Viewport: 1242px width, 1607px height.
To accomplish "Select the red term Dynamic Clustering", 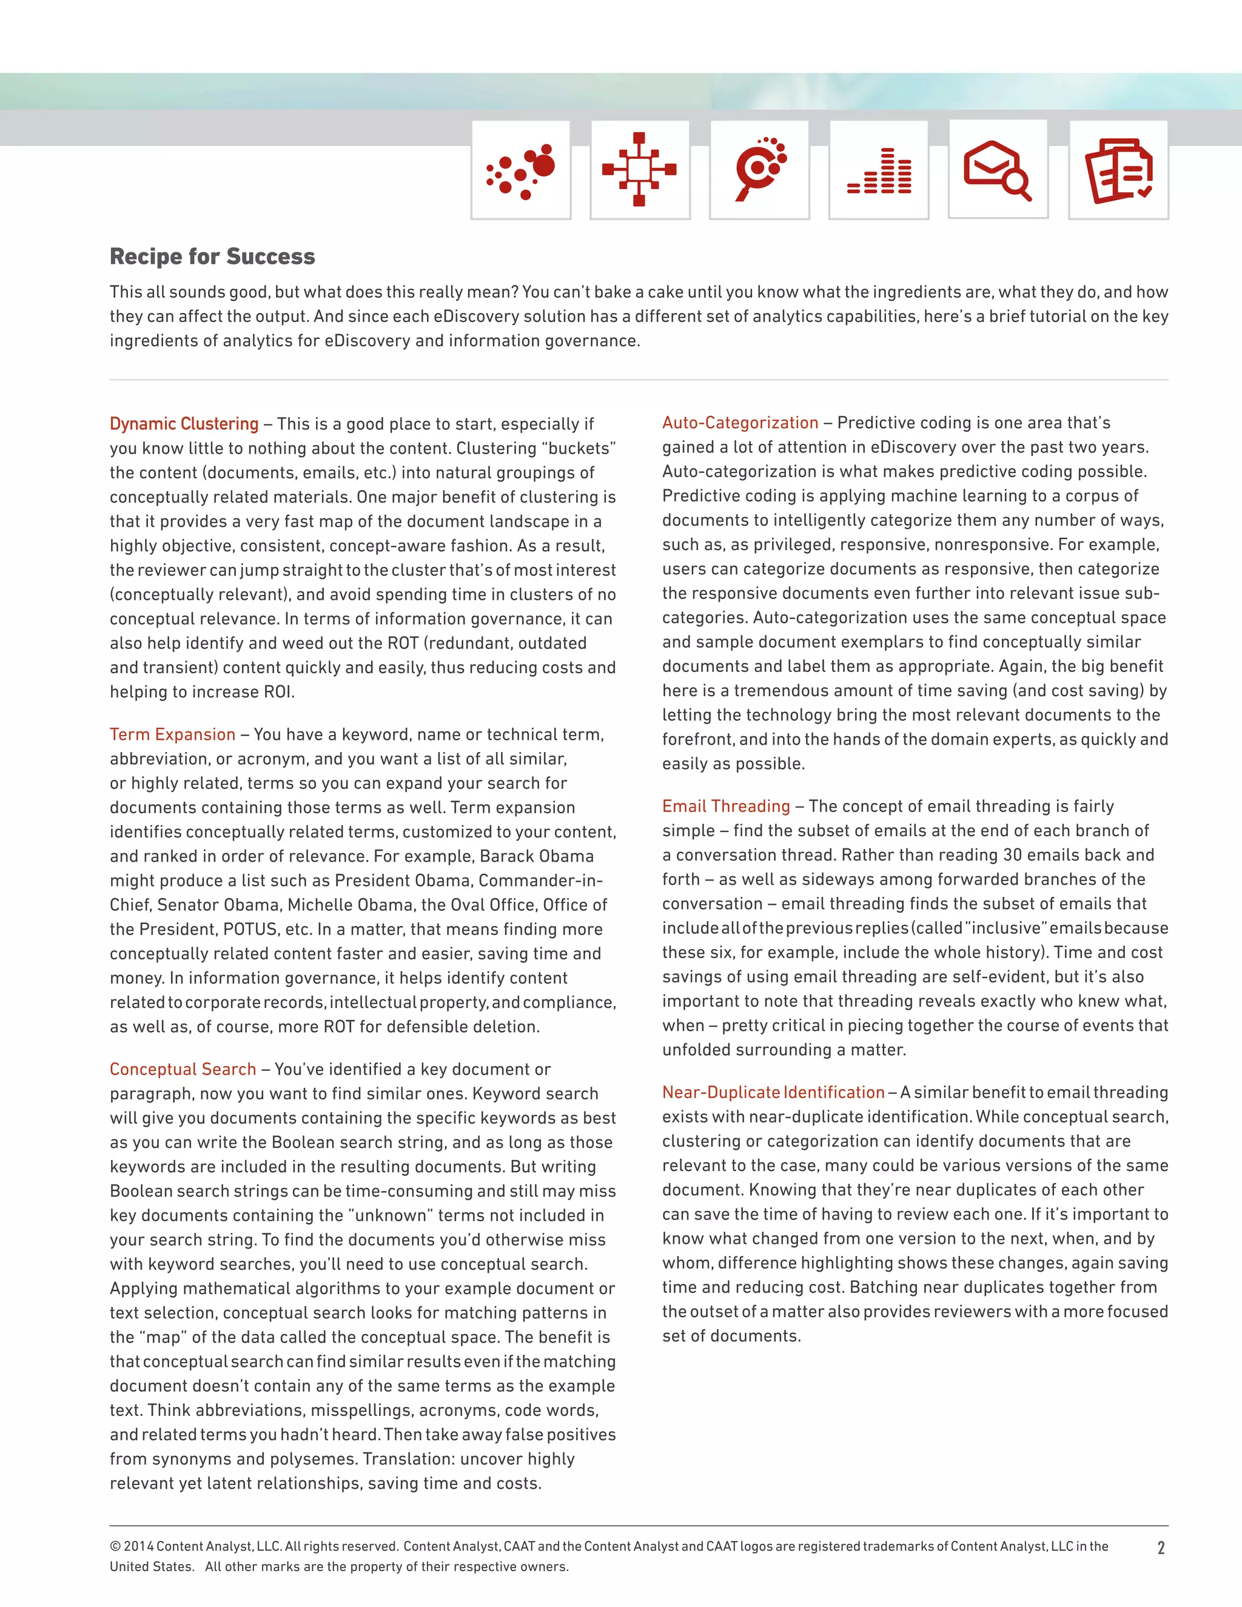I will point(184,424).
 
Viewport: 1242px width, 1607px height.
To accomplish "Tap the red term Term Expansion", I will point(172,734).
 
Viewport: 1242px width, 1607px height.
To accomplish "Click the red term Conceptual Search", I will point(183,1069).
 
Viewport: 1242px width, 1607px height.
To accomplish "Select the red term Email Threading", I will point(725,807).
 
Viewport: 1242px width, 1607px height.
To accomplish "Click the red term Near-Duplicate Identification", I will point(773,1093).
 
